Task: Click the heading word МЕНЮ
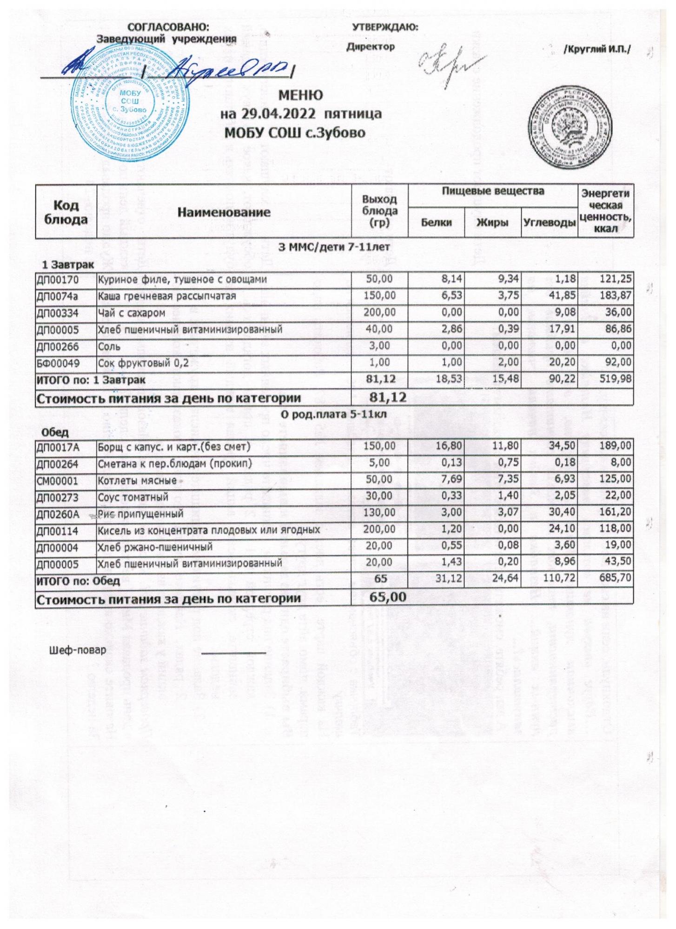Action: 300,95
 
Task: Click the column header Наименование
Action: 224,212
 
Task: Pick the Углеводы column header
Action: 549,222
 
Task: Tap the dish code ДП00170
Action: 58,280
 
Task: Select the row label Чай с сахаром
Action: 131,313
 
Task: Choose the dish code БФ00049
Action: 58,363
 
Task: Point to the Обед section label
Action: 55,432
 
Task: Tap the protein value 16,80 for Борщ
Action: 448,446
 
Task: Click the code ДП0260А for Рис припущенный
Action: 58,514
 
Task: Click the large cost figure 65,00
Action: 387,596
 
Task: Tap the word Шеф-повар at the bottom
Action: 78,650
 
